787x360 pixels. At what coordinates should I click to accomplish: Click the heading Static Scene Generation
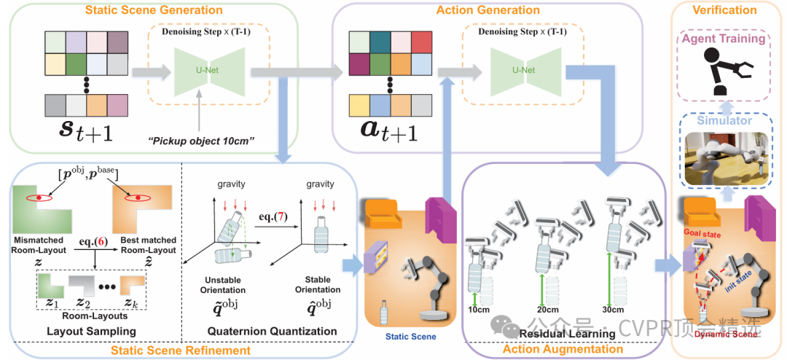(x=154, y=10)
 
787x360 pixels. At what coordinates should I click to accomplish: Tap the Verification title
(x=725, y=10)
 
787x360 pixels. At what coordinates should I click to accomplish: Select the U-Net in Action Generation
(x=519, y=71)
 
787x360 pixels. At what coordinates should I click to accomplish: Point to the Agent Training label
(x=724, y=39)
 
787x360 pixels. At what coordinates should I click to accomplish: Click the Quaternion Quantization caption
(x=273, y=331)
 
